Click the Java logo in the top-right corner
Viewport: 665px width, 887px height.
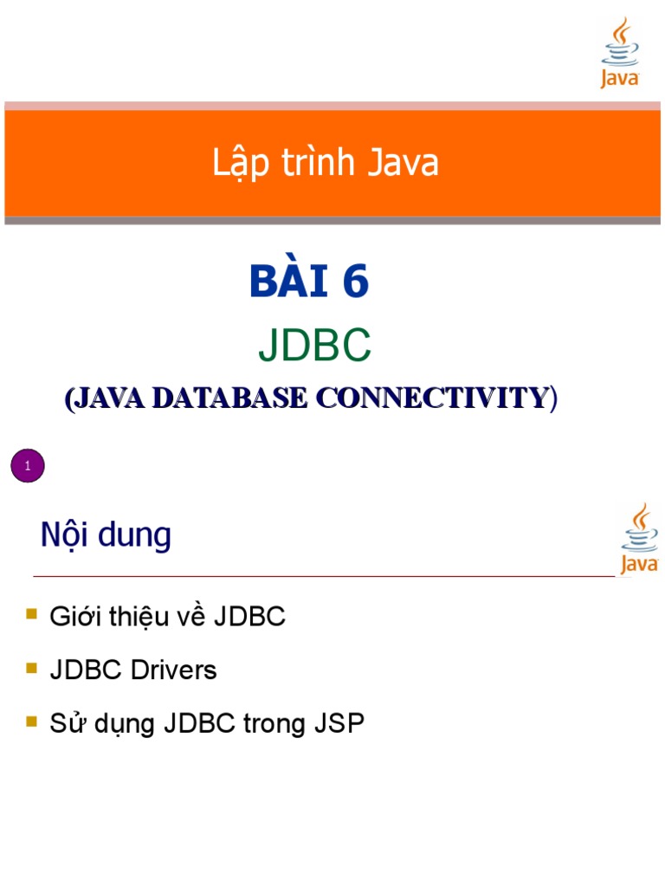(620, 54)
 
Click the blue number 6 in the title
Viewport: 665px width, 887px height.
(354, 282)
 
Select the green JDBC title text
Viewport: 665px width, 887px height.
(314, 346)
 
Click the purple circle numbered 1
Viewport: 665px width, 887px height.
(28, 467)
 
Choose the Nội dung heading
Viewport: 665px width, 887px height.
(106, 535)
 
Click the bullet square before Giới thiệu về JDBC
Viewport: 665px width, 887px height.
(32, 614)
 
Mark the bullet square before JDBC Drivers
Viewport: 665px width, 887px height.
(32, 668)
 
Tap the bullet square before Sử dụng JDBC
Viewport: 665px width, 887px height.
(32, 721)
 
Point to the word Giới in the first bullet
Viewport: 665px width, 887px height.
(71, 618)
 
